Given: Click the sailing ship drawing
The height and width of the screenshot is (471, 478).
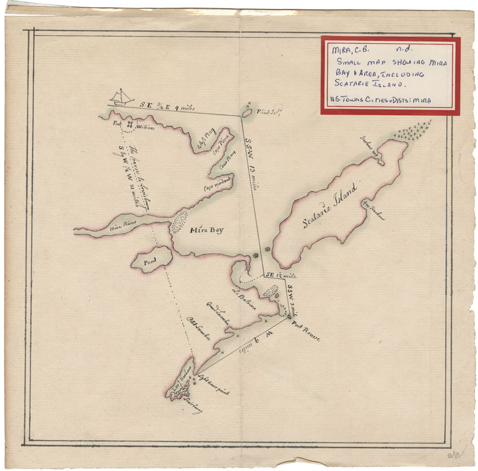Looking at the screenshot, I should click(123, 97).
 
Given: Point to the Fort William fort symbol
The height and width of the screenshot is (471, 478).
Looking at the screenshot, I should click(130, 126).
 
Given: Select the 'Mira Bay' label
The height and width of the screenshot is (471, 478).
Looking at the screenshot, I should click(206, 230).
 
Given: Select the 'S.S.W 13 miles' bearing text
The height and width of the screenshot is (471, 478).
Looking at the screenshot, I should click(250, 163).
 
